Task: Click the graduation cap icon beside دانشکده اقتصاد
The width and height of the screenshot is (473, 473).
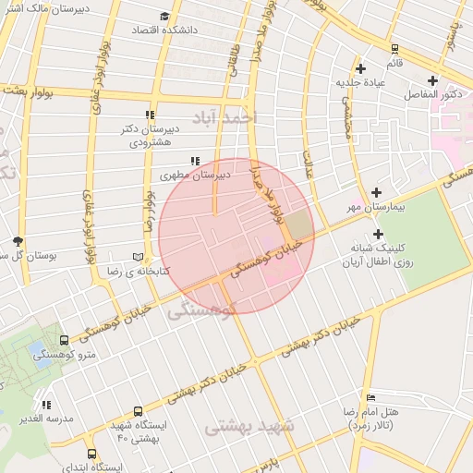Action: tap(164, 17)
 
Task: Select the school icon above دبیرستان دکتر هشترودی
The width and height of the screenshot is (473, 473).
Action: tap(149, 115)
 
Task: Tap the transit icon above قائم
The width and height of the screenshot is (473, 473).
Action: tap(394, 49)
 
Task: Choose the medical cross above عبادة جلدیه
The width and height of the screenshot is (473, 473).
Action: tap(360, 68)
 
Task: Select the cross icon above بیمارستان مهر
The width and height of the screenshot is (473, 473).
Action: tap(375, 192)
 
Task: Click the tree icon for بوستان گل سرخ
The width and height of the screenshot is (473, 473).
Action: tap(17, 240)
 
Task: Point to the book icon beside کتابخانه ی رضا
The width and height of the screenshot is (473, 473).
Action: tap(139, 255)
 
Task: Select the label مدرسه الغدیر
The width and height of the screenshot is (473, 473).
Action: tap(46, 418)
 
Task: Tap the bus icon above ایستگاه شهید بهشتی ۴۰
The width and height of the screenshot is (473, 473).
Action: tap(138, 411)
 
